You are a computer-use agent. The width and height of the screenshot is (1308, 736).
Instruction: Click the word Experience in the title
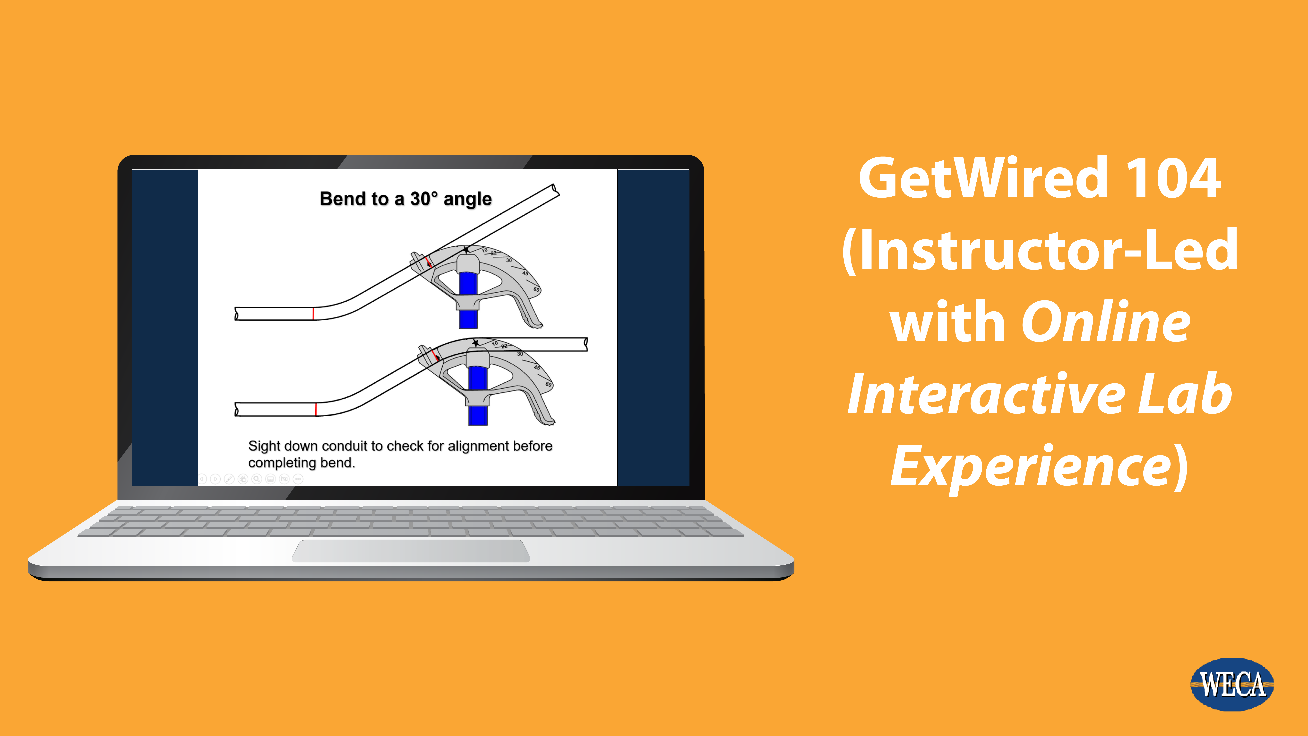coord(1031,466)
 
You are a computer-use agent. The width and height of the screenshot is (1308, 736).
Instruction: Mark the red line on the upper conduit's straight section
coord(313,313)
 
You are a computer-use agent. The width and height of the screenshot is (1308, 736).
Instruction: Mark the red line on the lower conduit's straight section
coord(316,409)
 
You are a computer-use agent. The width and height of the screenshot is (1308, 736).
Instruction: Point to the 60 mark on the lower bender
coord(548,385)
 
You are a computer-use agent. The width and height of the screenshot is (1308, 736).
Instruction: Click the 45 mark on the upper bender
coord(525,273)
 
